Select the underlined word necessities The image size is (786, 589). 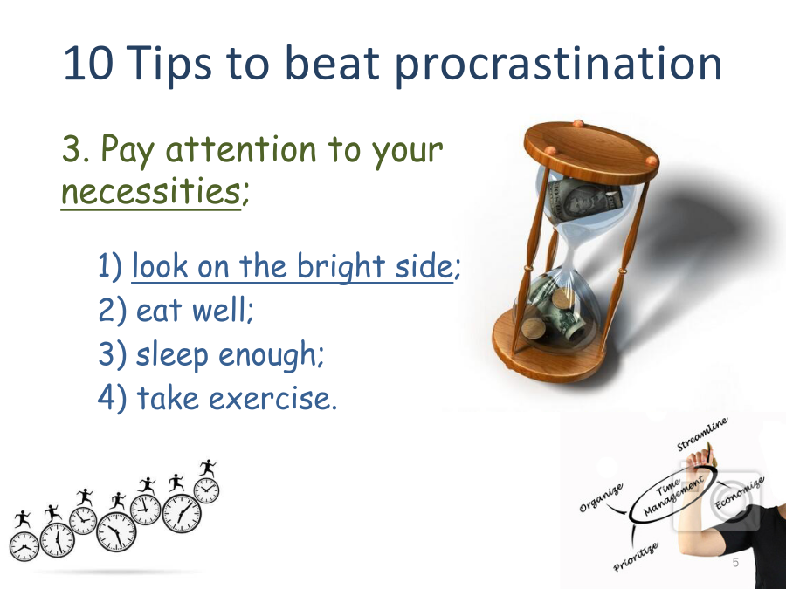[150, 192]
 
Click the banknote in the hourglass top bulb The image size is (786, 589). [584, 199]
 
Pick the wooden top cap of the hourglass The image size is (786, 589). [591, 151]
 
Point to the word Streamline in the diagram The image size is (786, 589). [702, 434]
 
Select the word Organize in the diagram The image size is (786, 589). [602, 498]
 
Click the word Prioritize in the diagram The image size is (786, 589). [636, 556]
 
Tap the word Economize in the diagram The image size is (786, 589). [740, 493]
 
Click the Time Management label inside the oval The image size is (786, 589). [672, 495]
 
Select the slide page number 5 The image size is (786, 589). [735, 563]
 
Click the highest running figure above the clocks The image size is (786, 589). [207, 469]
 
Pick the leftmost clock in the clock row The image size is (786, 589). [24, 546]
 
